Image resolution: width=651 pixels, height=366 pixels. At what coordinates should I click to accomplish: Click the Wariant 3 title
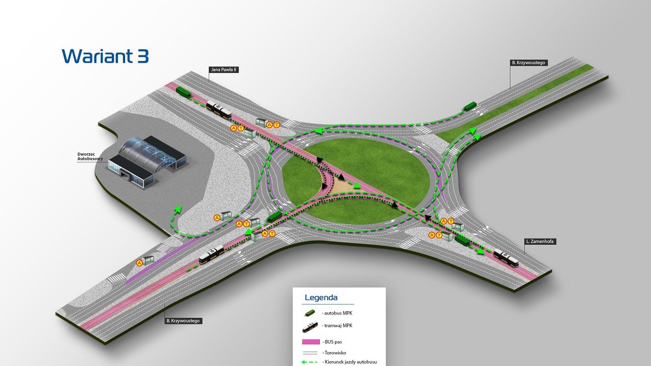click(105, 56)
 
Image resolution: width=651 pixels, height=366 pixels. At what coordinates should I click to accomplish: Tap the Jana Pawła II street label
click(224, 70)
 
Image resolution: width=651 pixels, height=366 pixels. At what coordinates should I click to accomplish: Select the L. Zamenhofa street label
click(541, 242)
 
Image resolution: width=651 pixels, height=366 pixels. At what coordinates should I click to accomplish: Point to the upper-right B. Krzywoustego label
click(529, 63)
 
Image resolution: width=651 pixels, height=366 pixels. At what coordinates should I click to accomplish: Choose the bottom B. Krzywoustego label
click(183, 321)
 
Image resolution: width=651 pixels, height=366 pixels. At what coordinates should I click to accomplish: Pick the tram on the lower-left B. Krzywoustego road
click(210, 255)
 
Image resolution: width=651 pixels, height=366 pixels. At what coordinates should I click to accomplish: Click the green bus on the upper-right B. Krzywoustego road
click(469, 106)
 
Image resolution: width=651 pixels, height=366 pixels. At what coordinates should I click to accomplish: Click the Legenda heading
click(321, 298)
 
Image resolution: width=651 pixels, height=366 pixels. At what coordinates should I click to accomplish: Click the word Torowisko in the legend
click(335, 353)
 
